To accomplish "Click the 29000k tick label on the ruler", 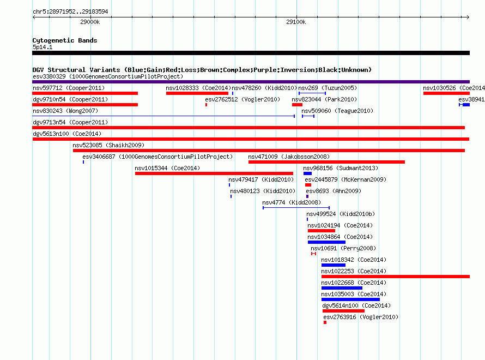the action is click(x=90, y=22).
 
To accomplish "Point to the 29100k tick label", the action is click(x=296, y=22).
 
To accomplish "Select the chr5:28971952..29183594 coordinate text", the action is click(x=70, y=12).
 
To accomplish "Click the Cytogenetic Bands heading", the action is click(x=65, y=40).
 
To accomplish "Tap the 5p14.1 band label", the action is click(x=43, y=47).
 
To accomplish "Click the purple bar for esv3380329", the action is click(x=251, y=82).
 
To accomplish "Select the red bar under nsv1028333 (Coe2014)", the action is click(x=197, y=93).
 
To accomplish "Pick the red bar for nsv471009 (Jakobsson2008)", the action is click(x=326, y=162).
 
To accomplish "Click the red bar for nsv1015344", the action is click(x=214, y=173).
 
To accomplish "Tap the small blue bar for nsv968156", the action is click(x=307, y=173).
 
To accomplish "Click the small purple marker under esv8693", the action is click(x=307, y=196).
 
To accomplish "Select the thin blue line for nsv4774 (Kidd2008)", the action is click(x=296, y=208).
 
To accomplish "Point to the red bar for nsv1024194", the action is click(x=322, y=231).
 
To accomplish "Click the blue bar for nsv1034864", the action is click(x=326, y=242).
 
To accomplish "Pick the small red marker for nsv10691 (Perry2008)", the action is click(x=314, y=254).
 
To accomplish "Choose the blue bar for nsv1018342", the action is click(x=334, y=265).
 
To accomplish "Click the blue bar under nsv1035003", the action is click(x=350, y=299).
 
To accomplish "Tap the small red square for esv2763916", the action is click(x=325, y=322).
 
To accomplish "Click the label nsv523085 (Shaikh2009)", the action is click(x=108, y=145).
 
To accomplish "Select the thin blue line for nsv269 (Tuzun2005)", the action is click(x=312, y=93).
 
